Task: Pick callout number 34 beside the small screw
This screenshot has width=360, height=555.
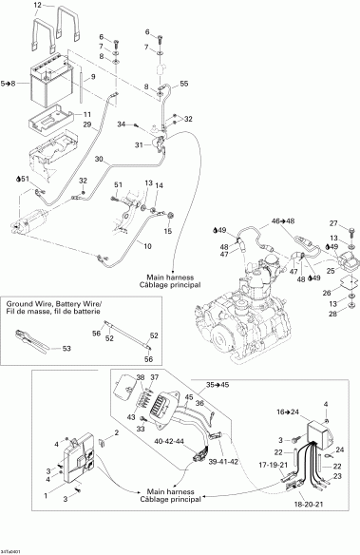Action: click(121, 124)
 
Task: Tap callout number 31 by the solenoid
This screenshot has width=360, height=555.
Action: click(139, 144)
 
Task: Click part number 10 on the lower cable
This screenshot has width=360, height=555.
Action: click(147, 245)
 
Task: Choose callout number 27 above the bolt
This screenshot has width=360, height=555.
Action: click(333, 222)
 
